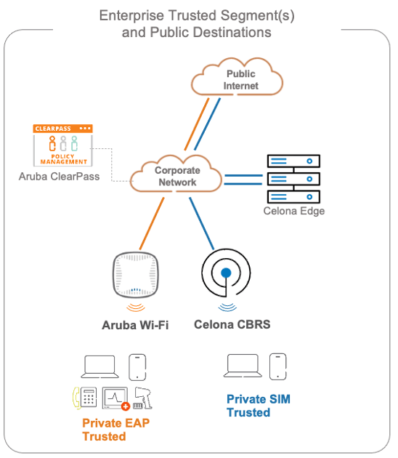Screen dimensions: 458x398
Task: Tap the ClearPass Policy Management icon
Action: click(x=63, y=145)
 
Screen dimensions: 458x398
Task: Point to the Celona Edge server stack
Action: click(x=293, y=177)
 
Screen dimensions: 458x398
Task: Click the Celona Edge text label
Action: click(x=293, y=212)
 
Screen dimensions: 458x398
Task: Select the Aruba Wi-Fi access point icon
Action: click(x=135, y=277)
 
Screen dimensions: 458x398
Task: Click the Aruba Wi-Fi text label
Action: click(x=135, y=325)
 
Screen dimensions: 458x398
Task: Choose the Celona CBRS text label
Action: click(x=232, y=324)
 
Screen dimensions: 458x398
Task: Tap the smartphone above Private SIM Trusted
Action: click(x=277, y=366)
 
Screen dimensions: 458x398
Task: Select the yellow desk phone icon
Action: click(x=85, y=398)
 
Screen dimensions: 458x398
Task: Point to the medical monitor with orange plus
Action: click(x=115, y=398)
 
